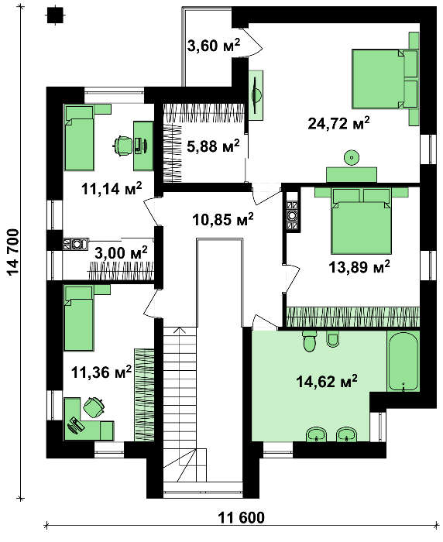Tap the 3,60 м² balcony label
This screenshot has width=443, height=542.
click(x=214, y=45)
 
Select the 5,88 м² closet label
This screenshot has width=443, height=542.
click(x=213, y=146)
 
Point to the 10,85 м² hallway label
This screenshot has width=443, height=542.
click(x=223, y=219)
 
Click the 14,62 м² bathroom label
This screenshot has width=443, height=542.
click(x=327, y=382)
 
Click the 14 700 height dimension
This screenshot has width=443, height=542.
click(x=13, y=252)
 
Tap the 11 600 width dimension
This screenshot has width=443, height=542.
click(x=242, y=517)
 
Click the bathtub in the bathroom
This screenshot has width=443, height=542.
click(x=403, y=362)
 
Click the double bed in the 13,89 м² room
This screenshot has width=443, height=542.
click(x=361, y=220)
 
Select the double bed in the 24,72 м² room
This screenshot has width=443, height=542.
click(x=385, y=79)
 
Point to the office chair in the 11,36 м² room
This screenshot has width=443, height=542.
click(x=93, y=406)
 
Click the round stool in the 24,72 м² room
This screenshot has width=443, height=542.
click(x=352, y=158)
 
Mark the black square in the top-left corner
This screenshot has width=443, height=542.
click(x=55, y=15)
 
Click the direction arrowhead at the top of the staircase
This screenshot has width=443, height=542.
click(x=179, y=329)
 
